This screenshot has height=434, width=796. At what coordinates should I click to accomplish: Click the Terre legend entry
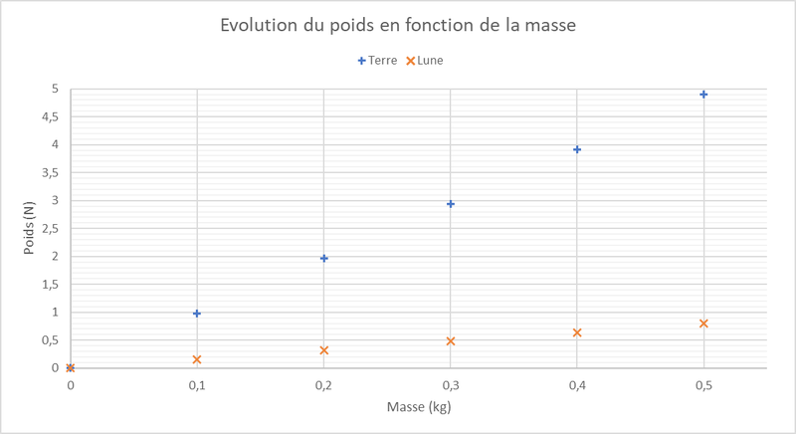point(377,61)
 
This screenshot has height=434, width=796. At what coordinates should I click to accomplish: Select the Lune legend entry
point(425,61)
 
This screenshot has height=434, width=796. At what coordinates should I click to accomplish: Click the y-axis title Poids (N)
point(29,228)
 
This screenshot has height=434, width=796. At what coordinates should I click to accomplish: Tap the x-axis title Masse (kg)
point(419,407)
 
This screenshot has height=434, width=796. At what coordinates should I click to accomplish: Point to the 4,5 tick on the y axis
point(51,117)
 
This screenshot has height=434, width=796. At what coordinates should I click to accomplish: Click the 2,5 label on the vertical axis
point(51,229)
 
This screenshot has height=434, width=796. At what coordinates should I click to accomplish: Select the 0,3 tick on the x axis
point(451,386)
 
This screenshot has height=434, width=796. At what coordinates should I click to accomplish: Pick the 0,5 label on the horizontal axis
point(703,386)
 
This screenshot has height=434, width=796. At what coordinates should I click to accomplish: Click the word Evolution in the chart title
point(259,25)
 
